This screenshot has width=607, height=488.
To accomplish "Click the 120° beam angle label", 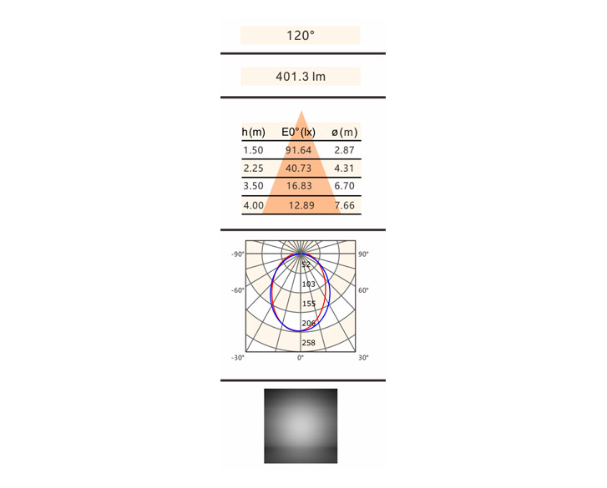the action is pos(301,36).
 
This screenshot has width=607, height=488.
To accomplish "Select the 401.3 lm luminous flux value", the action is pos(301,76).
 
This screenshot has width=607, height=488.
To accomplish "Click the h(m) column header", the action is pos(254,133).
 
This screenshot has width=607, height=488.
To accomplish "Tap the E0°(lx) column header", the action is pos(298,133).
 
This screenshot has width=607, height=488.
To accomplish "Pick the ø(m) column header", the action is pos(344,133).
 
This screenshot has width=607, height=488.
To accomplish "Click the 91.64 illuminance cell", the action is pos(298,150).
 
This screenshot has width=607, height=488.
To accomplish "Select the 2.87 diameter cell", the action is pos(344,150).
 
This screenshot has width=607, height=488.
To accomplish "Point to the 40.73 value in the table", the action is pos(298,169).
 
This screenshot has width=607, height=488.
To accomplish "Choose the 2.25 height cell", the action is pos(253,169).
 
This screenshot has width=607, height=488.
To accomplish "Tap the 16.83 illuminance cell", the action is pos(299,186).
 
